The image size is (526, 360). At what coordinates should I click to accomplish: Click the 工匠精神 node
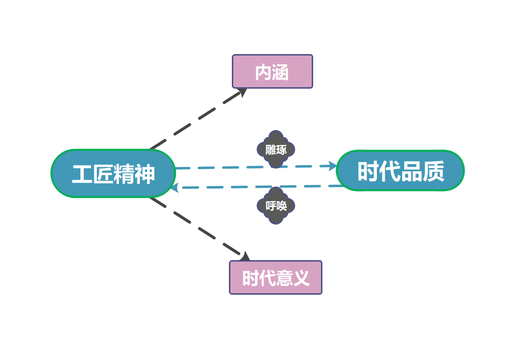(113, 173)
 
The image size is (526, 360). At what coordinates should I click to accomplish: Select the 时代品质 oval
(400, 171)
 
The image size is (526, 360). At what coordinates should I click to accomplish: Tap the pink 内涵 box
(272, 72)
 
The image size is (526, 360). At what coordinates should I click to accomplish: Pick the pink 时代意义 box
(276, 278)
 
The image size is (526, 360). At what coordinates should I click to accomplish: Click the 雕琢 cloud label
(276, 150)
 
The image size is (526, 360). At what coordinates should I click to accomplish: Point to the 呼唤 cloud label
(276, 206)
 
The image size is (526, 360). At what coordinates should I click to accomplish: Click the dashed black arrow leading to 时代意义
(195, 225)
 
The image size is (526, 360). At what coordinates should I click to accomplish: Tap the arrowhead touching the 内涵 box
(242, 93)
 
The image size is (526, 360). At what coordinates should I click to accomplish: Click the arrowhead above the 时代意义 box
(244, 256)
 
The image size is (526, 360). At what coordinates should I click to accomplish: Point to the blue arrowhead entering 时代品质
(333, 166)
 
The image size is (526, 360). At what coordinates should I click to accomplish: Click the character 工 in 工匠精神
(82, 174)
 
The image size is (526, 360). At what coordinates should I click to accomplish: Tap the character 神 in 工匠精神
(145, 174)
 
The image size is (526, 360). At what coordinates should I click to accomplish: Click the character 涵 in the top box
(281, 72)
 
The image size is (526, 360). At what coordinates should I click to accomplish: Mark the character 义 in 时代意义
(301, 278)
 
